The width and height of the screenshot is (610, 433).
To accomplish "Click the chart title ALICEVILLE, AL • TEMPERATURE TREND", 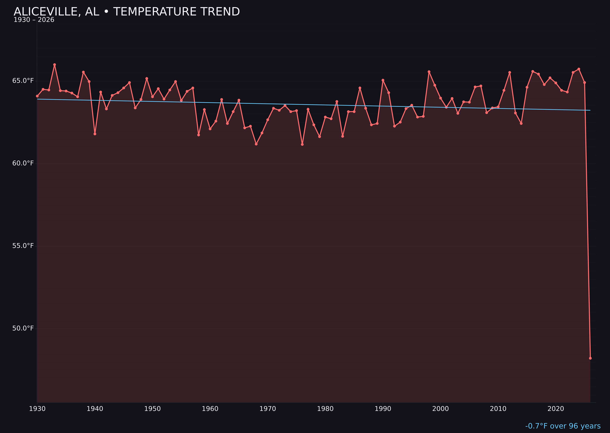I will (127, 12).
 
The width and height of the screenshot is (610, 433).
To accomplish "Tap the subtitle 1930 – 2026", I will (34, 20).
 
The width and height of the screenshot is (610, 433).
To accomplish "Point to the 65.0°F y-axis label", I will (23, 81).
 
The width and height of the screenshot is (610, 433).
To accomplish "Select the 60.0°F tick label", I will (23, 163).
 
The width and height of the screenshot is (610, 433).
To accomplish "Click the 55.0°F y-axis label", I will (23, 246).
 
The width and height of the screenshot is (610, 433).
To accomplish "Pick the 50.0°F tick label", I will (23, 328).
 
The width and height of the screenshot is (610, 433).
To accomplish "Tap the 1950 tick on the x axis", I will (152, 409).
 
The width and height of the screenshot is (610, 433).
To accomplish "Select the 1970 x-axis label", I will (268, 409).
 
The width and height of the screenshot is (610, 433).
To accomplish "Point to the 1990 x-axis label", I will (383, 409).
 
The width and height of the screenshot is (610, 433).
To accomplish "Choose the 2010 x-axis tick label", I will (498, 409).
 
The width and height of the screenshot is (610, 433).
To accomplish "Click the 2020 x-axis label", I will (556, 409).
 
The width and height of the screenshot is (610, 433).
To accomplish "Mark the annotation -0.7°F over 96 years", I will (563, 426).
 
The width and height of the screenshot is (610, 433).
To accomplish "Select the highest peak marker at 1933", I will (54, 65).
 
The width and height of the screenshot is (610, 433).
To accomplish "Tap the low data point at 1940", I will (95, 134).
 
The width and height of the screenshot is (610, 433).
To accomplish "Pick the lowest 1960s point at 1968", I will (256, 144).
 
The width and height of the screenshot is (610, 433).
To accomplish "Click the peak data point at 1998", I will (429, 71).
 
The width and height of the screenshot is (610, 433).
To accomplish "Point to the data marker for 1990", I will (383, 80).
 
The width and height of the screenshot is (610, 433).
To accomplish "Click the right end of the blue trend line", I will (590, 110).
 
